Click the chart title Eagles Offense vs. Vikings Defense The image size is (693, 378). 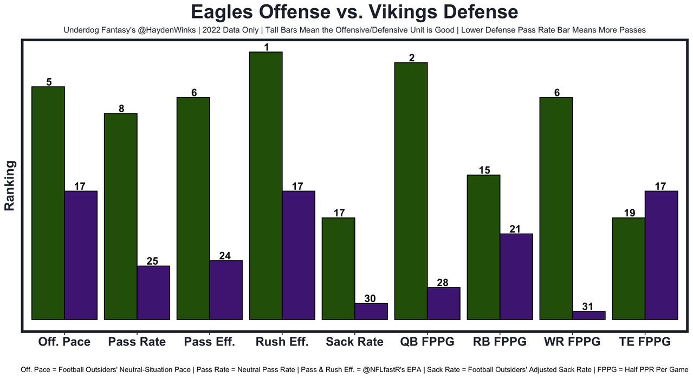tap(347, 12)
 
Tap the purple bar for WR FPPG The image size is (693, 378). tap(589, 315)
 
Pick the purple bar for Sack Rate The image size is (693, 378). tap(371, 311)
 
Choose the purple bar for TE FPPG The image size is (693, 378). tap(662, 255)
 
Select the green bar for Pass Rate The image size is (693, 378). tap(120, 216)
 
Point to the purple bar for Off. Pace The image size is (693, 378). tap(81, 255)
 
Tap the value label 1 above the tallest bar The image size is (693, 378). tap(266, 47)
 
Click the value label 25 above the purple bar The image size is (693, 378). tap(153, 261)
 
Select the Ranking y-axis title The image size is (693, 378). tap(10, 185)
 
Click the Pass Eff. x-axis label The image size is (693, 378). tap(209, 342)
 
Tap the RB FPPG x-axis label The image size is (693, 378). tap(500, 342)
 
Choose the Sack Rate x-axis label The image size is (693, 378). tap(354, 342)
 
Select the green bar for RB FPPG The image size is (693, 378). tap(483, 247)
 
